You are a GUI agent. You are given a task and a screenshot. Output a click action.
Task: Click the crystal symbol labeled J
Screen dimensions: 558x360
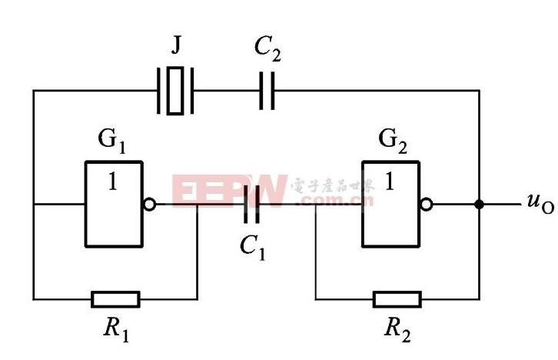(x=175, y=91)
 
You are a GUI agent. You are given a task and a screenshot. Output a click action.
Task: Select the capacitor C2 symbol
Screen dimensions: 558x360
(x=267, y=91)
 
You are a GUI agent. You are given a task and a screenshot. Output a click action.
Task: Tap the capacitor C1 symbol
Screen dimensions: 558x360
(x=251, y=205)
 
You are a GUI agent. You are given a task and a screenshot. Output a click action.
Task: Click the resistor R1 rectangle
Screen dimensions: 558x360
(x=115, y=299)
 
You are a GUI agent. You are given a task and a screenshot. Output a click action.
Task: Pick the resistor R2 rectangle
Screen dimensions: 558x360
(x=397, y=299)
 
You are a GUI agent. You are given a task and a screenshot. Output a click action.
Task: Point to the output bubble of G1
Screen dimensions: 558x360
(x=149, y=205)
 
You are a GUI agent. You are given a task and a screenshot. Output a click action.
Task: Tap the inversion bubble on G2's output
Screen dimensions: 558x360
(x=427, y=205)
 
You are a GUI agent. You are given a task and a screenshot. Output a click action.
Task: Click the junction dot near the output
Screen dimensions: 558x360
(x=480, y=205)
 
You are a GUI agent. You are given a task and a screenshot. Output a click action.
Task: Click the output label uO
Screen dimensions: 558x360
(x=540, y=203)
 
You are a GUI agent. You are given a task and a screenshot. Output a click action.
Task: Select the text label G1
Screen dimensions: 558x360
(x=111, y=141)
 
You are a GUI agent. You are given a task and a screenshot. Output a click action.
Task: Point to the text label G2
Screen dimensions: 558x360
(x=393, y=141)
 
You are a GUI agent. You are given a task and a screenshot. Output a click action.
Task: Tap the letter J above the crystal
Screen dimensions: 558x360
(x=176, y=45)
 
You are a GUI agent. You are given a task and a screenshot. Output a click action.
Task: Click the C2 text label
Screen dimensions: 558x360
(x=267, y=49)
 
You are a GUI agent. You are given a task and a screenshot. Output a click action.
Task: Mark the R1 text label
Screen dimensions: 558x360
(x=116, y=329)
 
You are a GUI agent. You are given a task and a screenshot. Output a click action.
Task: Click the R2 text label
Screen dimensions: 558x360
(x=397, y=329)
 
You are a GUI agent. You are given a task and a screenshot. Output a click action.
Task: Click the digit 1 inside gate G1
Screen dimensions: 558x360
(x=112, y=181)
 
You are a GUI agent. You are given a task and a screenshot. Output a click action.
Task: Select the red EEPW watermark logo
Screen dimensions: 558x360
(x=230, y=191)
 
